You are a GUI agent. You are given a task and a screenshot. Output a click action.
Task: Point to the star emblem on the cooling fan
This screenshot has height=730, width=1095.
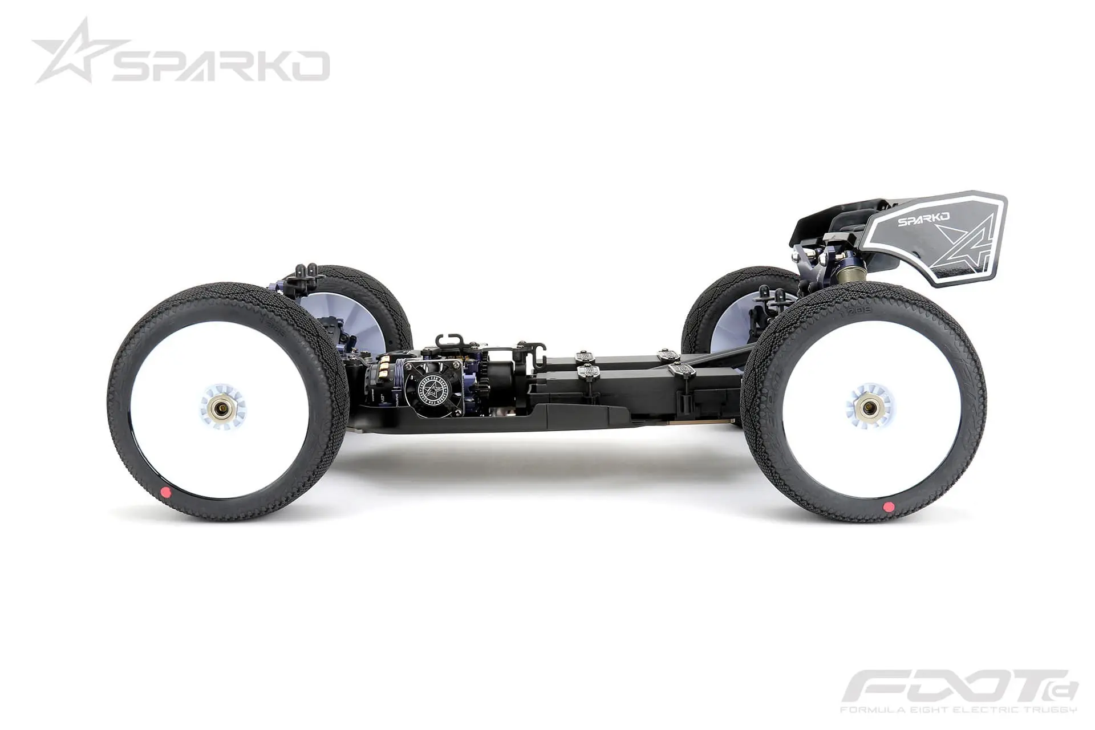tap(432, 389)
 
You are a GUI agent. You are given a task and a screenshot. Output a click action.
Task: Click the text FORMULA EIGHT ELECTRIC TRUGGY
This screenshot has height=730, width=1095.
tap(958, 709)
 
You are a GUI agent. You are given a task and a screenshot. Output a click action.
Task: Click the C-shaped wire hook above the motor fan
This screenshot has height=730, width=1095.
tap(447, 341)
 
